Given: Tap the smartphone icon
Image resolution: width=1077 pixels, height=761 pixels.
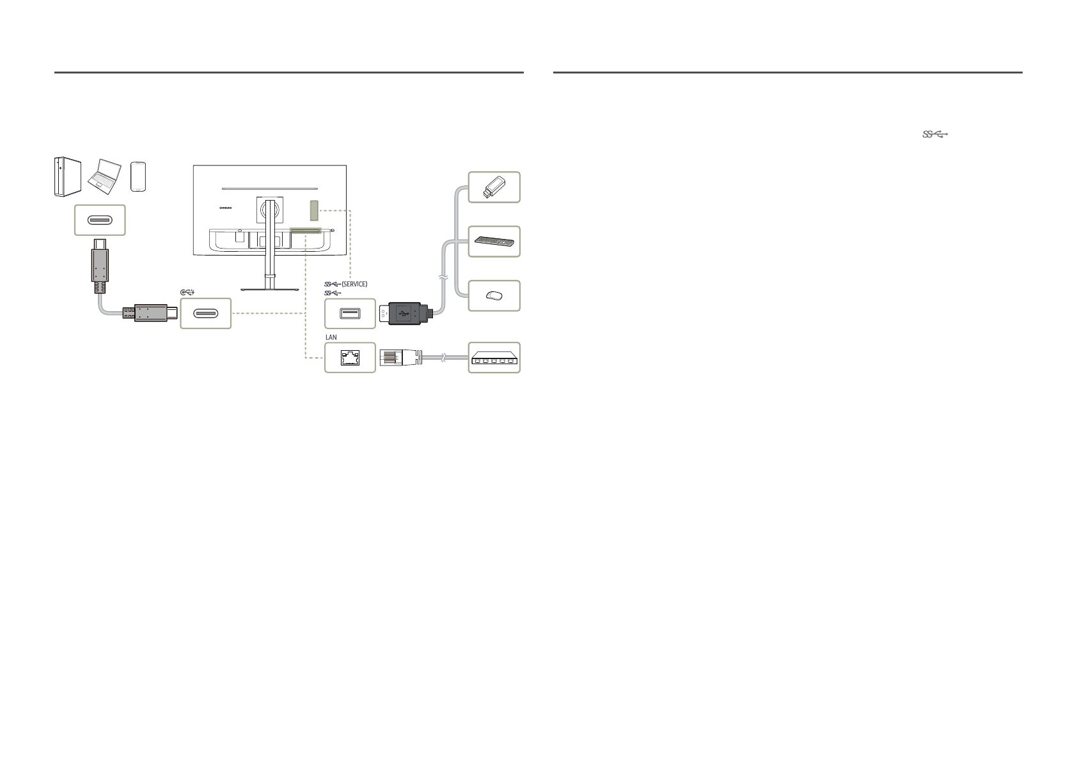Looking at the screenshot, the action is tap(140, 176).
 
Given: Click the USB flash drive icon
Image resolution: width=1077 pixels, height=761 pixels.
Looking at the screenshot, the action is tap(494, 187).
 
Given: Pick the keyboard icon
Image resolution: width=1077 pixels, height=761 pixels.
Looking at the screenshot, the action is tap(494, 242).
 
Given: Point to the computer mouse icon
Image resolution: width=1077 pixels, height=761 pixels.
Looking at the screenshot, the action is tap(494, 296).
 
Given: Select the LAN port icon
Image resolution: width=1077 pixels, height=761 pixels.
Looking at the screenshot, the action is tap(350, 358).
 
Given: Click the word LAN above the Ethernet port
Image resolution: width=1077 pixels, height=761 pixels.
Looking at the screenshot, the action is tap(331, 337).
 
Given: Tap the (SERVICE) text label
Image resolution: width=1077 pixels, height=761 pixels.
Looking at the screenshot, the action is tap(354, 284).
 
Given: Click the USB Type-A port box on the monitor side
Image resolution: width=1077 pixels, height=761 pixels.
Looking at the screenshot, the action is tap(350, 314).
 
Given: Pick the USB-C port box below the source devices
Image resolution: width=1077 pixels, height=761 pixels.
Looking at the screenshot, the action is tap(100, 220).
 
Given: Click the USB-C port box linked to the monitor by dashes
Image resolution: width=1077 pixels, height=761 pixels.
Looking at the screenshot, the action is tap(205, 314).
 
